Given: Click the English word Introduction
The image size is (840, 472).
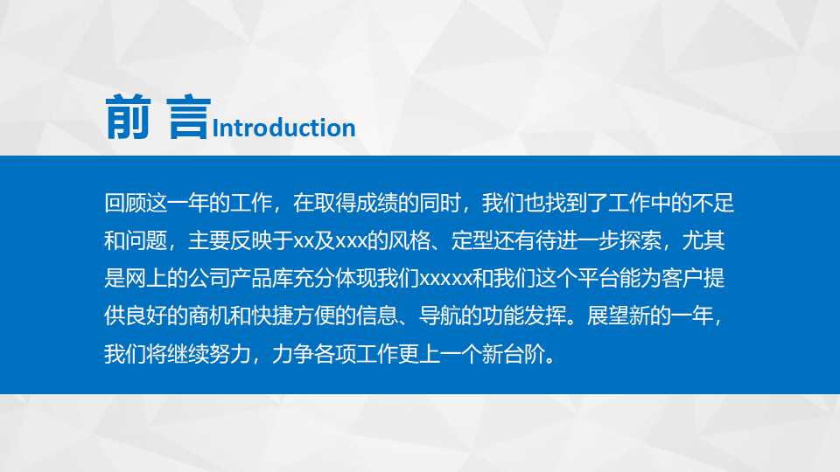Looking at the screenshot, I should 284,128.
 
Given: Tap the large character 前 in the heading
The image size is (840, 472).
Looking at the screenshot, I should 129,118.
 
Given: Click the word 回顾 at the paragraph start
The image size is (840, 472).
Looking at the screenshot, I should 123,204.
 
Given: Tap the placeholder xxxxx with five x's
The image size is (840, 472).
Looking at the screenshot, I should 446,279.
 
